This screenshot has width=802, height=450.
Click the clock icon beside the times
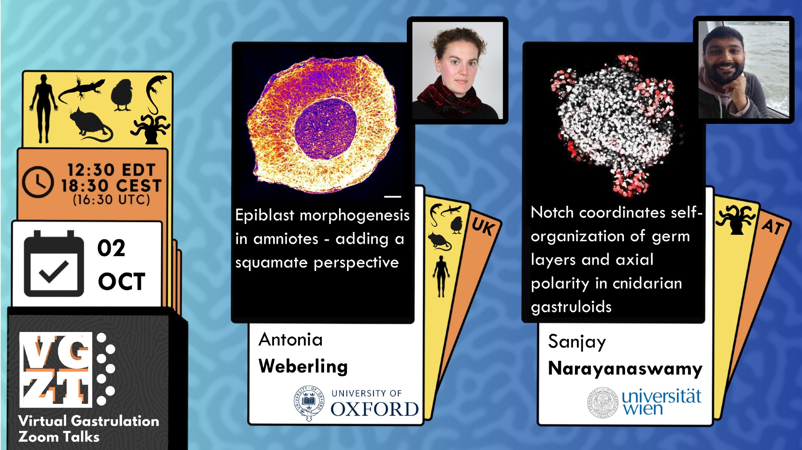pos(37,182)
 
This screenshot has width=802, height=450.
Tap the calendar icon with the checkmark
pos(54,263)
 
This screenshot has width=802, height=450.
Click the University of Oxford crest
pos(309,403)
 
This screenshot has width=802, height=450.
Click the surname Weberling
pos(303,366)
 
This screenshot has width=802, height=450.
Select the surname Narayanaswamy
pos(625,369)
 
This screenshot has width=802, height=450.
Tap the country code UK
pos(483,227)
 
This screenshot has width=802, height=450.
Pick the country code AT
pos(773,226)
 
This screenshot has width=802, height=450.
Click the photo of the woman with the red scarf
pos(457,70)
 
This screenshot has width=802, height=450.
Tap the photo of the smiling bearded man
pos(743,69)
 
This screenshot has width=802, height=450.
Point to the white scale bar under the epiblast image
pos(392,197)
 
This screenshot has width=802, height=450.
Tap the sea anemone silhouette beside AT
pos(735,219)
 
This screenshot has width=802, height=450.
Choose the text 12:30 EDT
pos(111,170)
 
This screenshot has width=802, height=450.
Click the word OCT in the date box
pos(122,281)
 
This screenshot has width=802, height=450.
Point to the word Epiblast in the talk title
pos(265,216)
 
